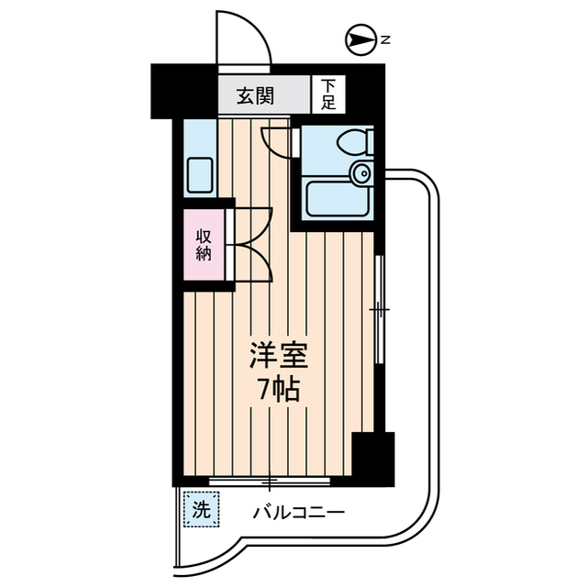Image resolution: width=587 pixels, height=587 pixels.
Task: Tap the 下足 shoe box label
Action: click(x=328, y=95)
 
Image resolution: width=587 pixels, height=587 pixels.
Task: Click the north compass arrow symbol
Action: click(x=359, y=39)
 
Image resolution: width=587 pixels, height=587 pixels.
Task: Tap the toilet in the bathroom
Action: click(x=352, y=141)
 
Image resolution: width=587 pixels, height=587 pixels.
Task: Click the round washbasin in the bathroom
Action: click(x=361, y=172)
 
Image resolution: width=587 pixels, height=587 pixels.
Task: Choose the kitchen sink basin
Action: click(x=200, y=174)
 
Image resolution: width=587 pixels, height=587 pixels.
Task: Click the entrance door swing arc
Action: click(x=244, y=41)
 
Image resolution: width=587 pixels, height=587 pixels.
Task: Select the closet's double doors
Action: click(x=253, y=244)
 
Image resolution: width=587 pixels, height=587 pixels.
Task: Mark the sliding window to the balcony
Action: click(x=270, y=480)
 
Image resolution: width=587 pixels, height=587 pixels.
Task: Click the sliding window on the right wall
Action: click(x=379, y=311)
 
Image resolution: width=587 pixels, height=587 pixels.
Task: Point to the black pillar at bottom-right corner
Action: click(x=373, y=458)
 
